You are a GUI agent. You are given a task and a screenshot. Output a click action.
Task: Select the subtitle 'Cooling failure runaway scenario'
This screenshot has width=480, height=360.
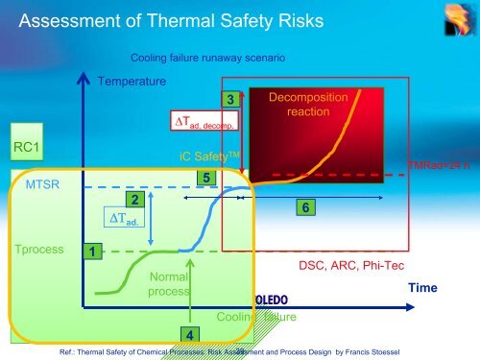[206, 59]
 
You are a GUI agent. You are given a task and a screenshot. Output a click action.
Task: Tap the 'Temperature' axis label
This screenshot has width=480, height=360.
[132, 82]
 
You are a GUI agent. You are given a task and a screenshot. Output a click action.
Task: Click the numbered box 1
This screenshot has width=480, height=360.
[91, 251]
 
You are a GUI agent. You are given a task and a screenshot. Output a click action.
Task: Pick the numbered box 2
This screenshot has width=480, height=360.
[136, 199]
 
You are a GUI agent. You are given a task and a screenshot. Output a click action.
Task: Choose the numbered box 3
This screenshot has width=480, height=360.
[229, 99]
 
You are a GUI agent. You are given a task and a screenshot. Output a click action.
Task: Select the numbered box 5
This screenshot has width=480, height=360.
[204, 178]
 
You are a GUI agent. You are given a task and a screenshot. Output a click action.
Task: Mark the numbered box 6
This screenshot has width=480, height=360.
[304, 207]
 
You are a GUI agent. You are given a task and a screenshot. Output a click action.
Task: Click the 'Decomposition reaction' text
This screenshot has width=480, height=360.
[300, 105]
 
